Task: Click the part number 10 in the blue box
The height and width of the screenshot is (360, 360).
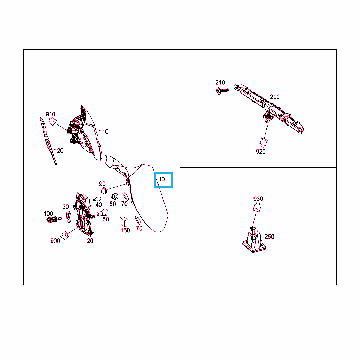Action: coord(162,179)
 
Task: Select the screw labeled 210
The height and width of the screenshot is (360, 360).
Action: coord(223,91)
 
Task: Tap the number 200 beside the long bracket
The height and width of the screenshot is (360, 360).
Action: coord(275,97)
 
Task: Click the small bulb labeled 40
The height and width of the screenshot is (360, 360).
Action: coord(97,199)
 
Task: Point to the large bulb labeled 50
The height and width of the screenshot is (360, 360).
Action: coord(103,213)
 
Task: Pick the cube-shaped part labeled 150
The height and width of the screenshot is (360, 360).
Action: coord(124,221)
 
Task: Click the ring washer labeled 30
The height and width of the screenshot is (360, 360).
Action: coord(69,216)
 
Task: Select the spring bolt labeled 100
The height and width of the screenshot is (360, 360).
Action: coord(54,219)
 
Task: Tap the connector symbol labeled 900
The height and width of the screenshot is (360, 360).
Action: coord(65,235)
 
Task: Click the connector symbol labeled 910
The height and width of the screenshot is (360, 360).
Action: coord(53,121)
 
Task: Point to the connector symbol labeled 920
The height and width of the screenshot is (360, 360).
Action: coord(263,142)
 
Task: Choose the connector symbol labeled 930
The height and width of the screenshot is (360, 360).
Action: coord(257,207)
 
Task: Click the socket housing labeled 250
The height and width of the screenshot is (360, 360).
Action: coord(255,240)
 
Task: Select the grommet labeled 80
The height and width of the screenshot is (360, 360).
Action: coord(115,197)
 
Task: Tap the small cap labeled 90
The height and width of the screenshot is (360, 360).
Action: coord(104,191)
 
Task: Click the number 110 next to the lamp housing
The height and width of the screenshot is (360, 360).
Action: coord(104,132)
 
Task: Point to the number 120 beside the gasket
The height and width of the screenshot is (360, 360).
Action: coord(59,151)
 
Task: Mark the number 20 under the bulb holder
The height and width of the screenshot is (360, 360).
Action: coord(90,241)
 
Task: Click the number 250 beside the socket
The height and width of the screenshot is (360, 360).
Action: coord(269,237)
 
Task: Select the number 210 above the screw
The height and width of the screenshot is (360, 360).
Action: coord(220,82)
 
